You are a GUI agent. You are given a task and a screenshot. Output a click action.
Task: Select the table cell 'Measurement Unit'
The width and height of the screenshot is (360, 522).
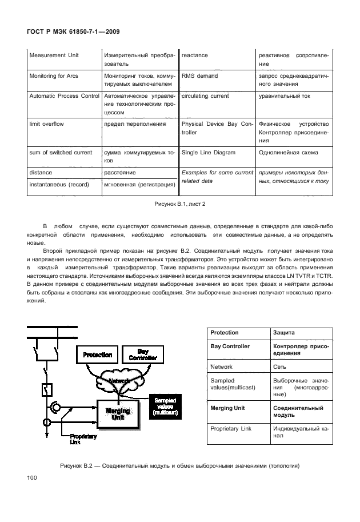pos(55,55)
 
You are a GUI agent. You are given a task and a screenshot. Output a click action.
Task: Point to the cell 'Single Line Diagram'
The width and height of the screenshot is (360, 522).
pos(208,153)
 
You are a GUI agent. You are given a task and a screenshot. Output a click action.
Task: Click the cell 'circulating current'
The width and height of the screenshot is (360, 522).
pos(205,96)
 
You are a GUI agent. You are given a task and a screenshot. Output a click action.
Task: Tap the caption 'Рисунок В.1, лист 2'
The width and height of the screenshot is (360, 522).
pos(179,204)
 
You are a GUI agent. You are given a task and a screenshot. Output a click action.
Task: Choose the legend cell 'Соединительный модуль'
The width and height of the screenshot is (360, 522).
pos(297,412)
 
